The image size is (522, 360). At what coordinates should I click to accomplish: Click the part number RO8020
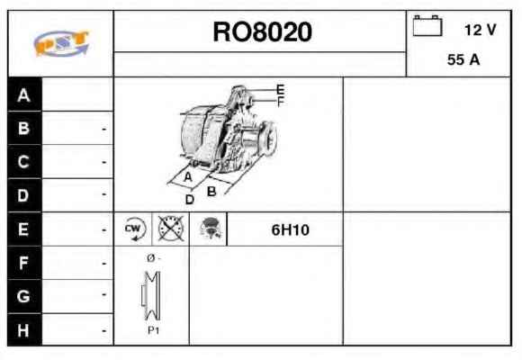(x=262, y=32)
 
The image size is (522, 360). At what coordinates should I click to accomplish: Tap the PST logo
(x=61, y=43)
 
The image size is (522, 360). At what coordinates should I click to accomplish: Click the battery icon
(x=427, y=25)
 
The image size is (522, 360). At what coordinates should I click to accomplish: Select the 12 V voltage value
(x=480, y=30)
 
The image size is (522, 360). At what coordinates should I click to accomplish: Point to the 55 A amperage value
(x=463, y=60)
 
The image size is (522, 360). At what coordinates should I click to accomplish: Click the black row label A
(x=24, y=94)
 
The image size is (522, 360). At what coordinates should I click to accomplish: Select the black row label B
(x=24, y=128)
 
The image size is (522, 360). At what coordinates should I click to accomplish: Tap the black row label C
(x=24, y=162)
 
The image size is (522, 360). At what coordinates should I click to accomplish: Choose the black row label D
(x=24, y=195)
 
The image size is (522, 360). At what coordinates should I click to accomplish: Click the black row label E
(x=24, y=229)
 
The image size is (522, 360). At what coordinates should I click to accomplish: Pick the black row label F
(x=24, y=263)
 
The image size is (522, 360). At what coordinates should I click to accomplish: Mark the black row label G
(x=24, y=296)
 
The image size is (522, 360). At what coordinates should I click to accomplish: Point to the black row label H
(x=24, y=330)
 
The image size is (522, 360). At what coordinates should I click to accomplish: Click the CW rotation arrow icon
(x=134, y=229)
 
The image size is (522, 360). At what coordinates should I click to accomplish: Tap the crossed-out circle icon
(x=171, y=229)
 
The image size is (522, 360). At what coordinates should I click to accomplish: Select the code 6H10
(x=291, y=229)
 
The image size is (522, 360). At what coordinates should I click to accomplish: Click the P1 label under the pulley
(x=154, y=330)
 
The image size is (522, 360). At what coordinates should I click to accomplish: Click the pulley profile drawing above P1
(x=151, y=296)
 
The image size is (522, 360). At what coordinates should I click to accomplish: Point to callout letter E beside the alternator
(x=280, y=90)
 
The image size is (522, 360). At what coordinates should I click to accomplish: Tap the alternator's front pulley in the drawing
(x=268, y=139)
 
